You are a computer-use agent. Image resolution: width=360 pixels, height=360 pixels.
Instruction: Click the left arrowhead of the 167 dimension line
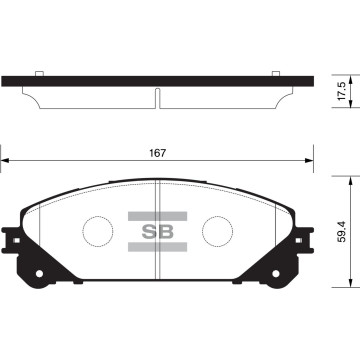[x=6, y=160]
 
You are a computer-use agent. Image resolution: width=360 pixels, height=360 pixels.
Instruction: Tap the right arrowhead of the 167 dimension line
[x=312, y=160]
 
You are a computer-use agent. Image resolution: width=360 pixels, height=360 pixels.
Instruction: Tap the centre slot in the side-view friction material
[x=159, y=96]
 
